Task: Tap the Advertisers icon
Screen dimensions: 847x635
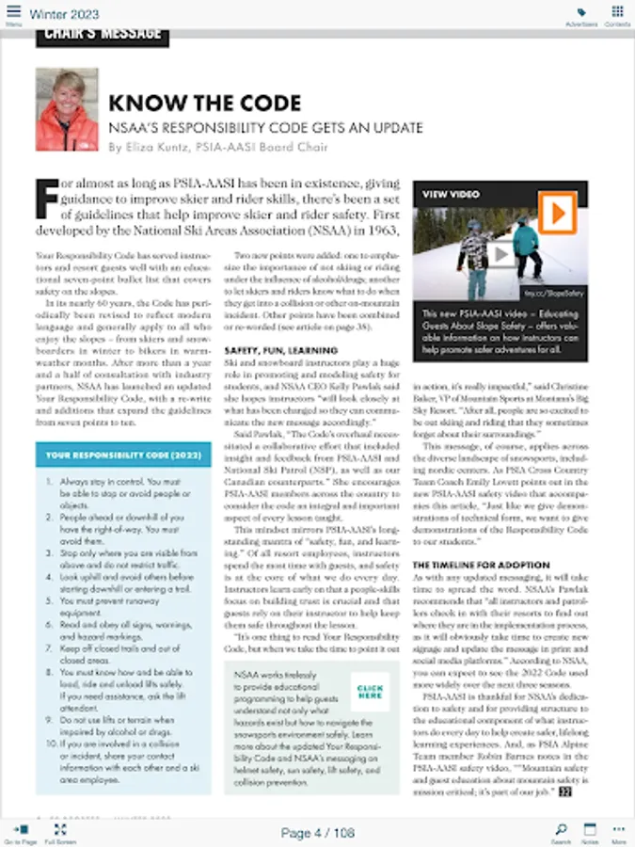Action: click(581, 13)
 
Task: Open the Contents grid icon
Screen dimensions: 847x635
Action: click(617, 13)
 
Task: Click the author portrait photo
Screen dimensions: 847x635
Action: click(67, 109)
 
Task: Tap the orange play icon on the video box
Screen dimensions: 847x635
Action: click(558, 212)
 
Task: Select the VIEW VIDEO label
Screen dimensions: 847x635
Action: click(451, 193)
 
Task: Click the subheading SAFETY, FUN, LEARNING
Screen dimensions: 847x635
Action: click(273, 350)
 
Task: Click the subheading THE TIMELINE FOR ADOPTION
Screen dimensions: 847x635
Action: click(481, 565)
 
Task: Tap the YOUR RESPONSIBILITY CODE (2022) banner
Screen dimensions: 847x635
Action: click(122, 455)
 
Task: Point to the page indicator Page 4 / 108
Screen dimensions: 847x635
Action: click(317, 833)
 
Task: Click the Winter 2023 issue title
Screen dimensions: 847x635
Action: click(64, 14)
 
